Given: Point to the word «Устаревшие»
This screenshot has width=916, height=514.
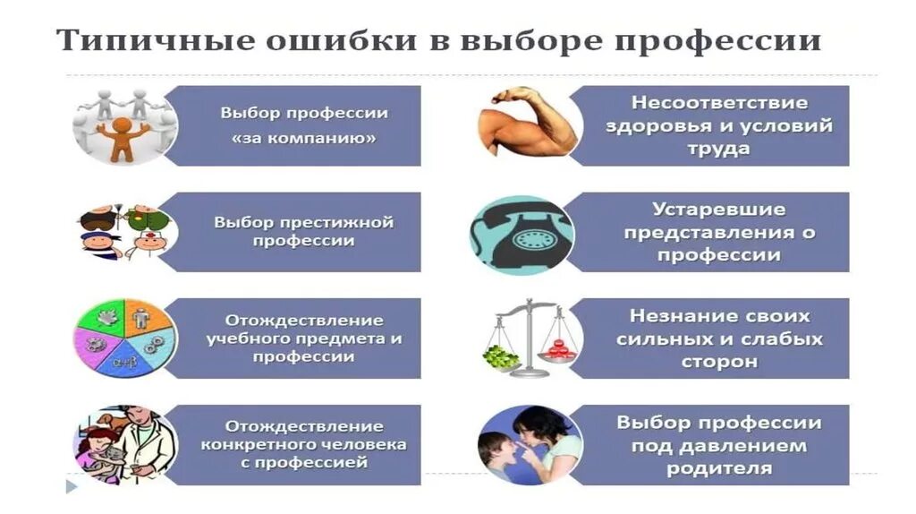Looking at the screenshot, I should click(x=719, y=210).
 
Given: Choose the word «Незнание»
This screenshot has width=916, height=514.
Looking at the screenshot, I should click(x=676, y=316).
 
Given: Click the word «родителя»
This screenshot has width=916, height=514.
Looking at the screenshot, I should click(x=719, y=467).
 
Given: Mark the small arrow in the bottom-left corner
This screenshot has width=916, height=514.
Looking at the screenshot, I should click(x=72, y=488).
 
